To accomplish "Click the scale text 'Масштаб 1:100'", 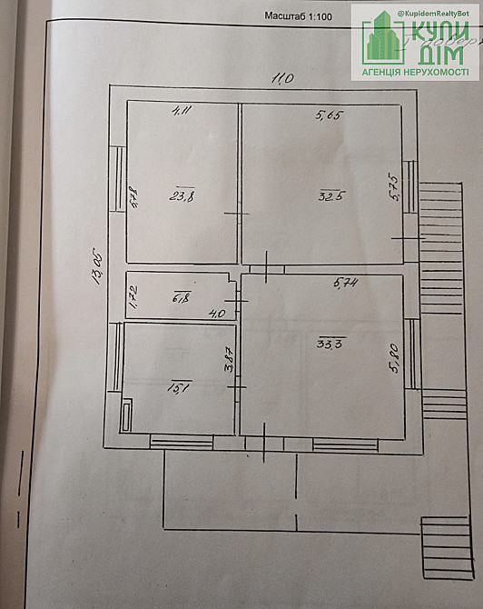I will [x=298, y=15].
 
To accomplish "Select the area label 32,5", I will [x=330, y=195].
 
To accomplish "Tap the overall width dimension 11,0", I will [x=282, y=79].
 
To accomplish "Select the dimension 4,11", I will [x=183, y=111].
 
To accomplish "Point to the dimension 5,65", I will [x=327, y=115].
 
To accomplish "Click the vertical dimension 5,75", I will [x=394, y=186].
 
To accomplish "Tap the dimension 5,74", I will [x=345, y=284].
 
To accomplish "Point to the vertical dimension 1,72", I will [x=133, y=297].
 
